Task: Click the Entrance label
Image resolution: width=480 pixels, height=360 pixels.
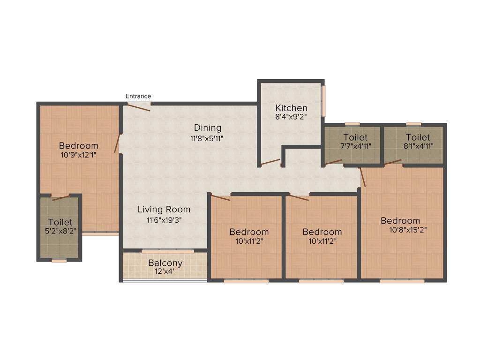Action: click(x=138, y=96)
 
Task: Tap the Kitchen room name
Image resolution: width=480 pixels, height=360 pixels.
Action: click(x=291, y=108)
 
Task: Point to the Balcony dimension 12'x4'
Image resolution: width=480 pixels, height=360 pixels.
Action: click(x=165, y=271)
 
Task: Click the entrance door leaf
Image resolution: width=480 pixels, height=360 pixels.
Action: click(x=139, y=107)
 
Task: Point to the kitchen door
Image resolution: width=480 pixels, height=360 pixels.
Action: click(x=270, y=163)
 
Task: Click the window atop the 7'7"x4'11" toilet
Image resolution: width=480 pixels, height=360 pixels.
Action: click(x=352, y=124)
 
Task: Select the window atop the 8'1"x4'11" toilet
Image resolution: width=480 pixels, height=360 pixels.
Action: click(x=413, y=124)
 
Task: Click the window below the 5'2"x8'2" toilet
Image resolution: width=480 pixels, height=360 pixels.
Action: click(x=60, y=260)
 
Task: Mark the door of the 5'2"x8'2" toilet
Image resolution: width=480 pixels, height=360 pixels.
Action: click(x=61, y=197)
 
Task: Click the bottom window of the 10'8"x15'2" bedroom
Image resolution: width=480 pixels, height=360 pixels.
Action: click(x=402, y=281)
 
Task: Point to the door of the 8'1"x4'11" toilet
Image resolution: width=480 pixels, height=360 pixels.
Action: click(x=393, y=162)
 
